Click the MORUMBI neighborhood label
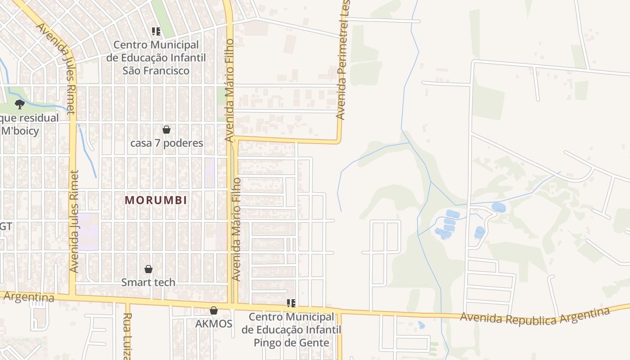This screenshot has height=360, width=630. click(156, 200)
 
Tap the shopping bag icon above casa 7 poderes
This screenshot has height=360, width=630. click(166, 130)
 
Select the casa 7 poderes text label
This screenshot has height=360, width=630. click(166, 143)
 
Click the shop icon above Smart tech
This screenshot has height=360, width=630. click(148, 269)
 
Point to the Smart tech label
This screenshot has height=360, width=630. click(148, 283)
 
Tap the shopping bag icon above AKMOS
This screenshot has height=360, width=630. click(214, 310)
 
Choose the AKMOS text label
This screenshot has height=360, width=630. click(214, 324)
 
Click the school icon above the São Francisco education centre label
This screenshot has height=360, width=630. click(156, 31)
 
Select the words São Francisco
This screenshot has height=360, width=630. click(156, 71)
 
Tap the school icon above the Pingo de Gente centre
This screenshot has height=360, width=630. click(291, 303)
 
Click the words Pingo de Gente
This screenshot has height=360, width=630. click(291, 342)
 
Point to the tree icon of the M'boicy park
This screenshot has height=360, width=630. click(19, 104)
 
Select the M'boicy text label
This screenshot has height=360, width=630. click(20, 131)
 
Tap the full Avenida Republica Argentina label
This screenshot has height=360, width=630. click(535, 316)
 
